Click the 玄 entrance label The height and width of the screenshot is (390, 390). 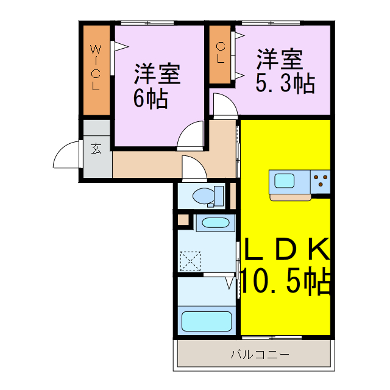click(96, 148)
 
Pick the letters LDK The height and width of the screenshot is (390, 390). click(286, 249)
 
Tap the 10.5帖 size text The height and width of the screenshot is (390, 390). click(285, 280)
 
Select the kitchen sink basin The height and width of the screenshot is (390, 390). click(284, 180)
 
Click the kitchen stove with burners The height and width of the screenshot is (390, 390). click(321, 180)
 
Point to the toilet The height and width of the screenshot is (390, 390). click(204, 196)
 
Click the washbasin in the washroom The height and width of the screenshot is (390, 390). click(215, 222)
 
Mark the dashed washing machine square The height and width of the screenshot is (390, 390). click(190, 261)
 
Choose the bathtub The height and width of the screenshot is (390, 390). click(206, 321)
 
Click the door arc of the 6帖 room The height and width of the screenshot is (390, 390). click(190, 135)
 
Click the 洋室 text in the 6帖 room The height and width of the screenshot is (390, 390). click(157, 74)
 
